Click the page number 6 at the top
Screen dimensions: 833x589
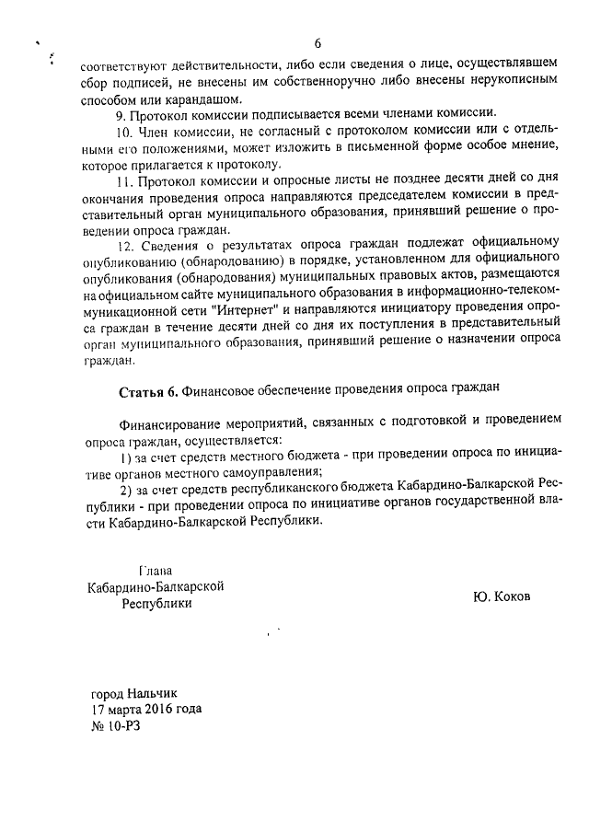pos(318,44)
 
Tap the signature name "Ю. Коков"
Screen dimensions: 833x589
pos(503,596)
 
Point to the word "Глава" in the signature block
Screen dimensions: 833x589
pos(154,570)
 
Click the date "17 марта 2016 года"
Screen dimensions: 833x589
pos(146,709)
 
